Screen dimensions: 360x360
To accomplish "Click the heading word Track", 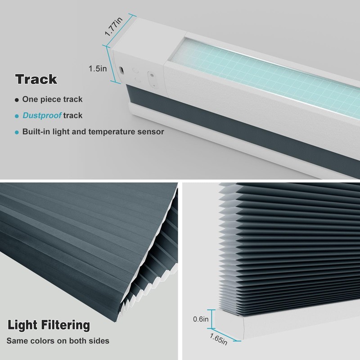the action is coord(36,79).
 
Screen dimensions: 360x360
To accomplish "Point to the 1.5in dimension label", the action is coord(97,68).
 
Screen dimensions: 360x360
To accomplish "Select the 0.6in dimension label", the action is coord(201,319).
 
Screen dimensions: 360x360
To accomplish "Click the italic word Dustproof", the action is coord(42,116).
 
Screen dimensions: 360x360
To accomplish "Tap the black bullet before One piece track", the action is coord(17,99).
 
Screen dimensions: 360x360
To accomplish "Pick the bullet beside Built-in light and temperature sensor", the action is coord(17,132).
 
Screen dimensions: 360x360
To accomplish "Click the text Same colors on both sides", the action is coord(58,341).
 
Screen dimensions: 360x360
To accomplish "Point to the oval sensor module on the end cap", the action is coord(152,76).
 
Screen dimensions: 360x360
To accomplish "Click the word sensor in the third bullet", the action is coord(152,132).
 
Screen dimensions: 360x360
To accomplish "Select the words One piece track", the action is coord(52,99).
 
